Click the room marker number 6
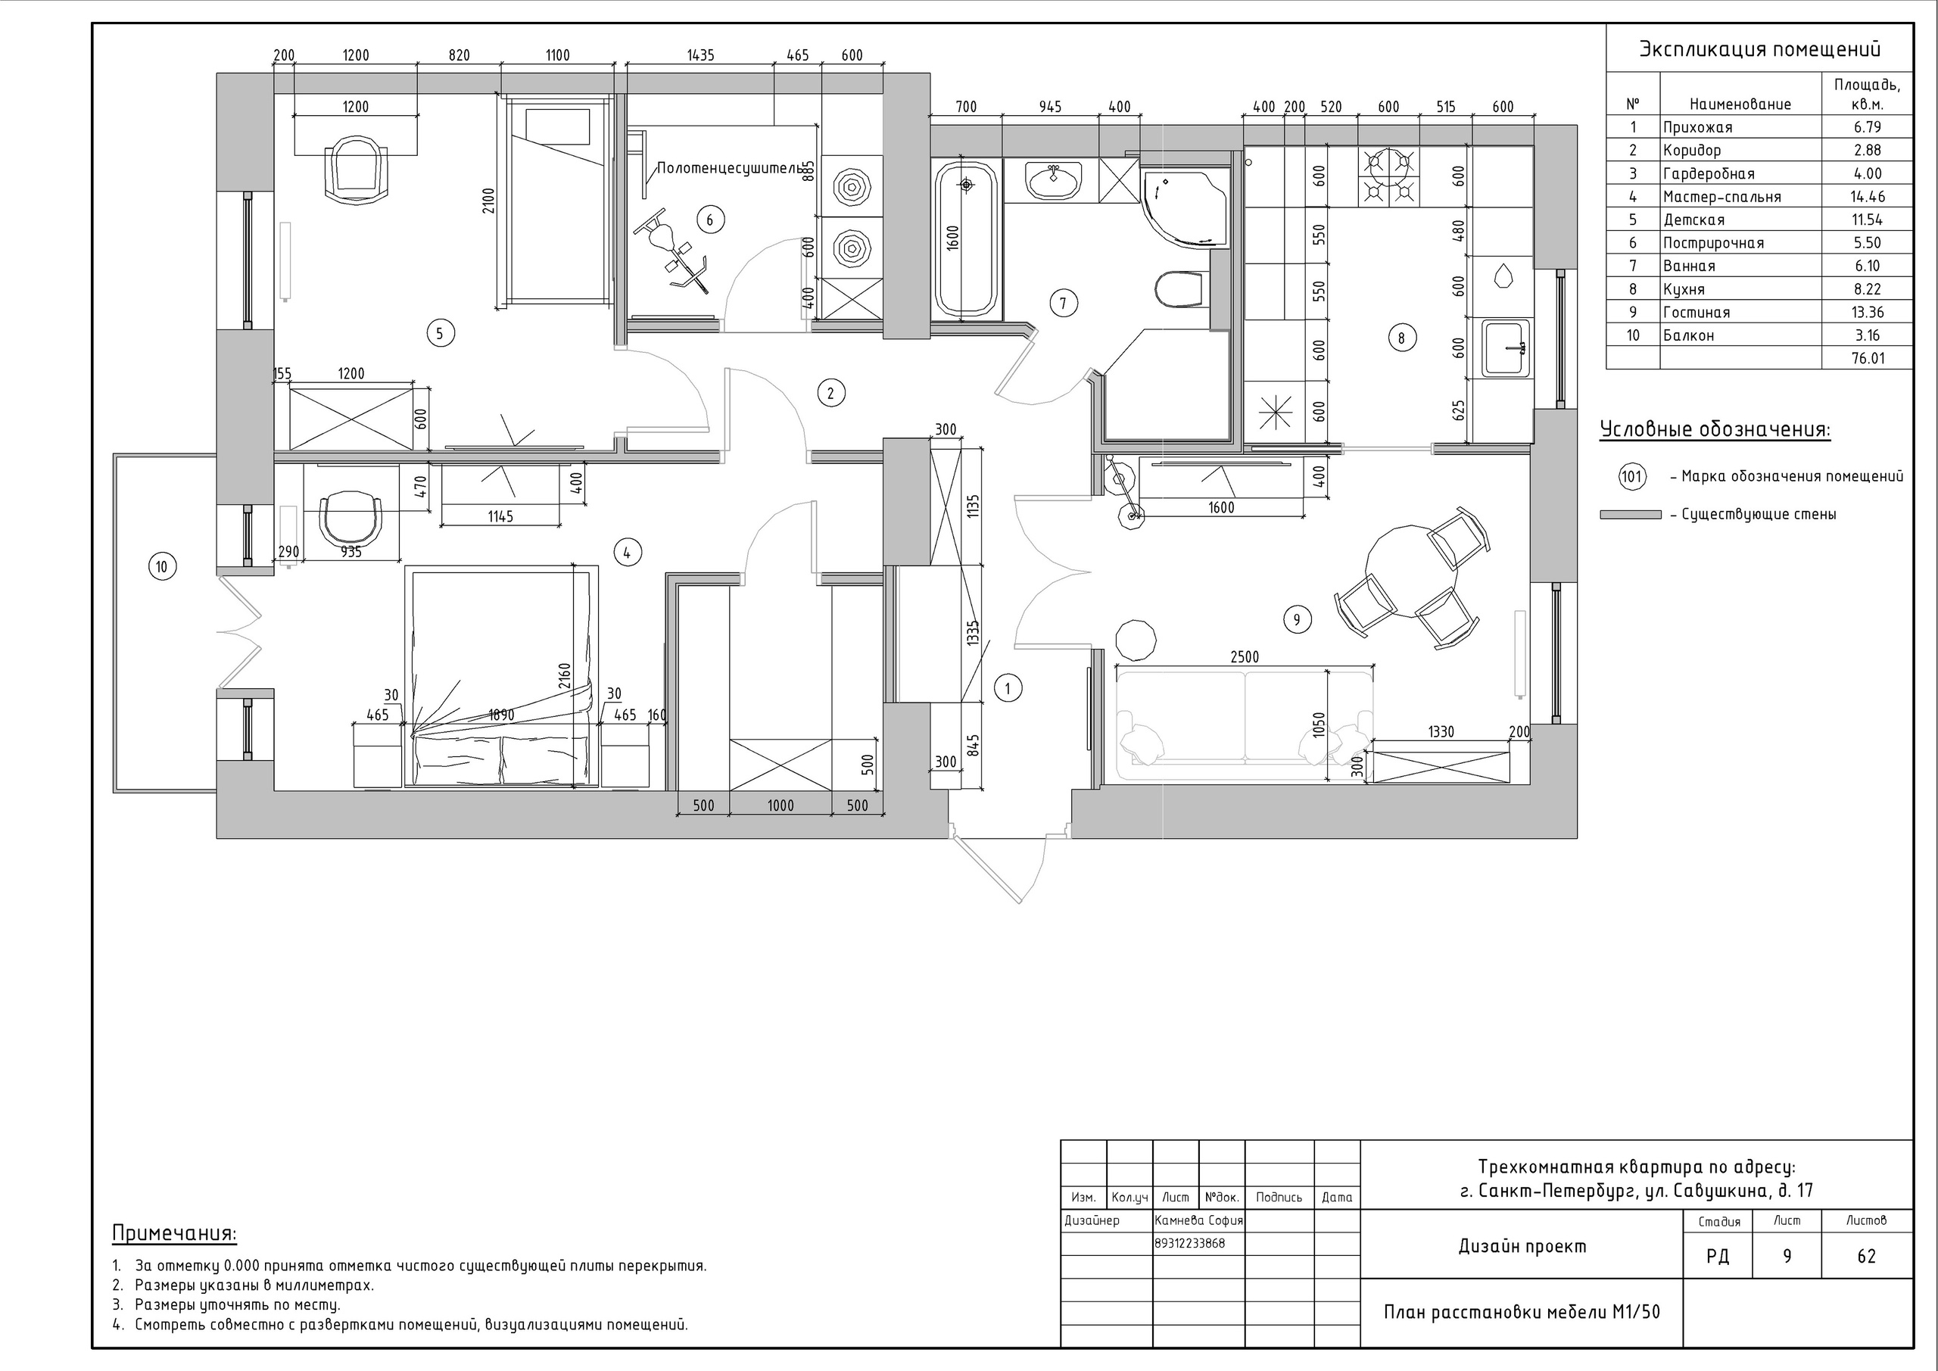[710, 220]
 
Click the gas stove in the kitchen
[1388, 177]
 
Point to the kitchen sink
[1506, 347]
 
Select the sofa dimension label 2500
[1245, 657]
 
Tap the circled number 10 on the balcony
[162, 566]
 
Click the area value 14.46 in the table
[1868, 197]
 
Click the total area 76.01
[1868, 358]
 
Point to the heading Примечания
[175, 1234]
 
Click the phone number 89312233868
[1189, 1244]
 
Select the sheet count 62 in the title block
[1866, 1256]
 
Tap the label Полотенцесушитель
[729, 168]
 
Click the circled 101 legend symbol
[1631, 476]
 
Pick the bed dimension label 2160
[565, 678]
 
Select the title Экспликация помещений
[1759, 49]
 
